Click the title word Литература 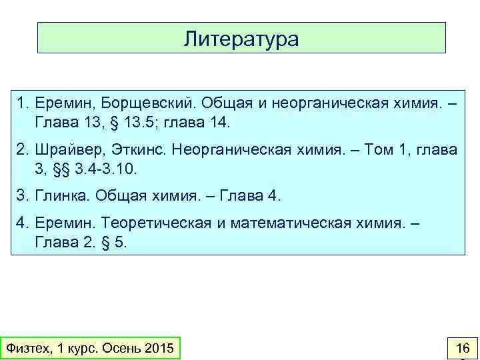(x=241, y=38)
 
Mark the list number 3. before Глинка (x=23, y=197)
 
